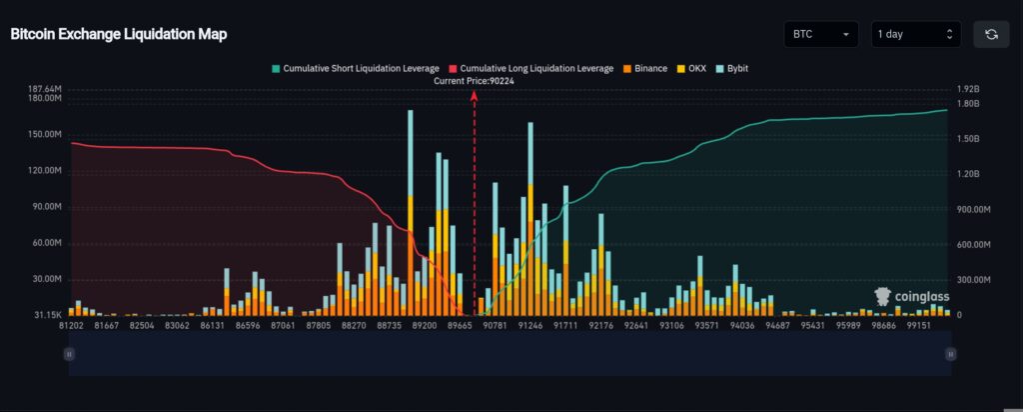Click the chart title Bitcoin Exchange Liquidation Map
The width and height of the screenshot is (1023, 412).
(x=119, y=34)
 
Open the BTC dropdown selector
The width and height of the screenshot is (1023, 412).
(x=821, y=35)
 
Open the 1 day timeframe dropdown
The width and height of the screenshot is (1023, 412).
(x=915, y=35)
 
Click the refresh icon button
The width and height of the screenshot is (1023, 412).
(x=991, y=35)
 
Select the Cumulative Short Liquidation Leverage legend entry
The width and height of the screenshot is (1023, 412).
(x=356, y=68)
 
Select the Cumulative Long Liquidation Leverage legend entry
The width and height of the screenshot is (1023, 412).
(x=534, y=68)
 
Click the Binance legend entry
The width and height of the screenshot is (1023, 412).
(x=644, y=68)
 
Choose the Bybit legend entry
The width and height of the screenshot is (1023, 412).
(x=732, y=68)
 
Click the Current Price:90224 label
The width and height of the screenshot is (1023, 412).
(x=475, y=80)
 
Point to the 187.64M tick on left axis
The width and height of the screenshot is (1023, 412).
(x=45, y=89)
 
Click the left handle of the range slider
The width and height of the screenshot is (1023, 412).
(x=69, y=353)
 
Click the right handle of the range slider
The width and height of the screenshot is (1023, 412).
(x=950, y=353)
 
